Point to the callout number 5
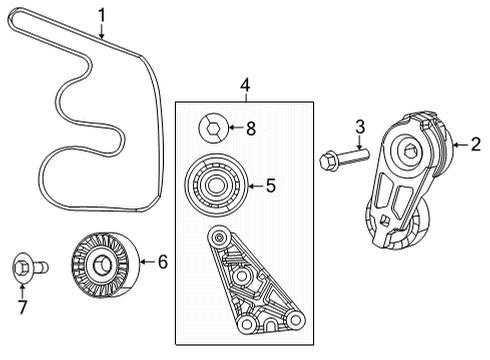(x=268, y=185)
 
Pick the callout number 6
(x=164, y=264)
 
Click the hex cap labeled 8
(x=212, y=127)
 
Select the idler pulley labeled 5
(x=213, y=185)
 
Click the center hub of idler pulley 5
(x=213, y=185)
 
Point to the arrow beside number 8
(x=235, y=127)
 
